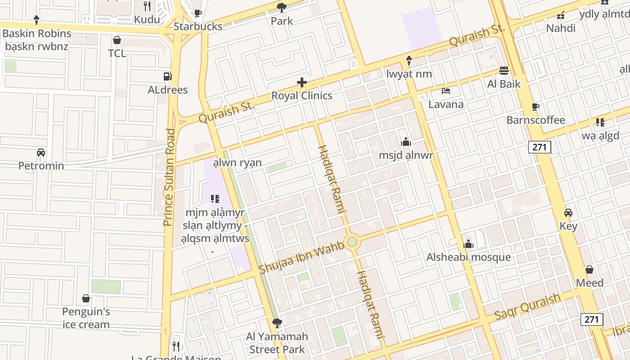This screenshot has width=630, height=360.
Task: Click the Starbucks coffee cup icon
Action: (x=198, y=13)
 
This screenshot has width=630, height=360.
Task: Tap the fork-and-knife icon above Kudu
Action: (x=147, y=6)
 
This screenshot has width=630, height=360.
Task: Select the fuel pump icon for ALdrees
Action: (x=167, y=76)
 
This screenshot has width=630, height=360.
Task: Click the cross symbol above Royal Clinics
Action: (x=302, y=82)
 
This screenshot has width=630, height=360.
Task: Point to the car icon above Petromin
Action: (x=41, y=153)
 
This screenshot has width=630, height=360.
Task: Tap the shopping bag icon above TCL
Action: (x=117, y=40)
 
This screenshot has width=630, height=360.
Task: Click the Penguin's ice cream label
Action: (x=86, y=318)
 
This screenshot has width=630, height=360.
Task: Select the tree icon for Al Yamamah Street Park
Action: (x=277, y=323)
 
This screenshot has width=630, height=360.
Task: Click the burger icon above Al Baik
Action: (x=504, y=71)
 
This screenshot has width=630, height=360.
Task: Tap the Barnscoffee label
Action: (x=535, y=120)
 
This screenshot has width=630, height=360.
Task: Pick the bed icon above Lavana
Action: (x=446, y=91)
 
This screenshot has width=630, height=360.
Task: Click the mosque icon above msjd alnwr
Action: (x=406, y=142)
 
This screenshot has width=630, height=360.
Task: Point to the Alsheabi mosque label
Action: (x=468, y=257)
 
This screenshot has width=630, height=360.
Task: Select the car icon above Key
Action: (x=568, y=213)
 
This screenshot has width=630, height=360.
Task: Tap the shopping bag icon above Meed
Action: (x=589, y=270)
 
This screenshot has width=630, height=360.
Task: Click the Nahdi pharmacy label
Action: (x=561, y=28)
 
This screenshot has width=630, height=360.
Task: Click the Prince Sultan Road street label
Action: (x=169, y=177)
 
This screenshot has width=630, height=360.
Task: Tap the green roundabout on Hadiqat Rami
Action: (x=352, y=242)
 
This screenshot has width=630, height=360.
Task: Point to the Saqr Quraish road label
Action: (x=527, y=307)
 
